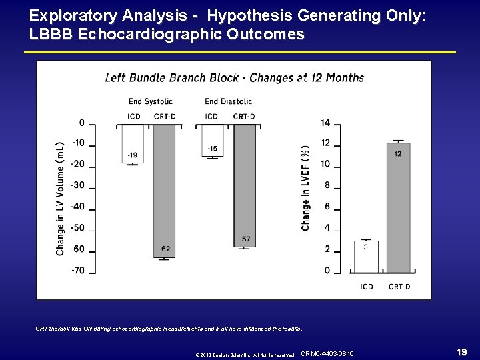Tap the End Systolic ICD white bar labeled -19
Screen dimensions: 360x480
point(133,143)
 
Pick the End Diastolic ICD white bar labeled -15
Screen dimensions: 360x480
point(212,139)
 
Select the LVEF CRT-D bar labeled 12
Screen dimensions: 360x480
point(398,207)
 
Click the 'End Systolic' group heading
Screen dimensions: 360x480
point(151,101)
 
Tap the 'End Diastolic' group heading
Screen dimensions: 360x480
point(228,101)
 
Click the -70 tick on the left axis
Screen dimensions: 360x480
point(79,271)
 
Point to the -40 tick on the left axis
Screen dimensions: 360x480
point(79,207)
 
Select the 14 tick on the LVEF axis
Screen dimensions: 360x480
point(325,123)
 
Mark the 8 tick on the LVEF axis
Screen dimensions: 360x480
point(327,185)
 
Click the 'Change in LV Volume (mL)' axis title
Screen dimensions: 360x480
point(60,197)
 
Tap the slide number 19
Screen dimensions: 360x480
point(459,351)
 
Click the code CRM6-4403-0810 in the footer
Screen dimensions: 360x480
point(327,353)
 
